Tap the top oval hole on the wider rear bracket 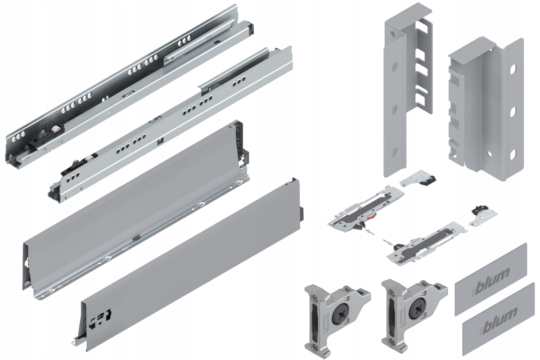click(x=512, y=72)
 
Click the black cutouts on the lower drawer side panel click(x=100, y=316)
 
